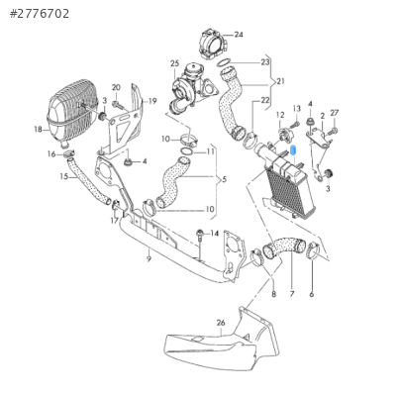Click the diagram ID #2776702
click(x=40, y=14)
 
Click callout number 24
click(x=239, y=35)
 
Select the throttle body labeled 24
click(x=214, y=44)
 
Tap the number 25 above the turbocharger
click(x=174, y=63)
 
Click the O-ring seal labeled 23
click(x=225, y=62)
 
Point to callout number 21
click(x=280, y=81)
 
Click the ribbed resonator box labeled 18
click(x=72, y=113)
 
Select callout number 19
click(x=152, y=101)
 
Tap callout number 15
click(x=64, y=176)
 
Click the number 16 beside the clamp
click(x=51, y=154)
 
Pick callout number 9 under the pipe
click(x=149, y=259)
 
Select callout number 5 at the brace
click(x=225, y=180)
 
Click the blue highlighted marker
click(x=293, y=150)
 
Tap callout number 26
click(x=221, y=323)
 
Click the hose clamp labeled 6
click(x=312, y=250)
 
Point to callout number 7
click(x=292, y=294)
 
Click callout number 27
click(x=335, y=113)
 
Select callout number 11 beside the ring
click(x=210, y=151)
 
